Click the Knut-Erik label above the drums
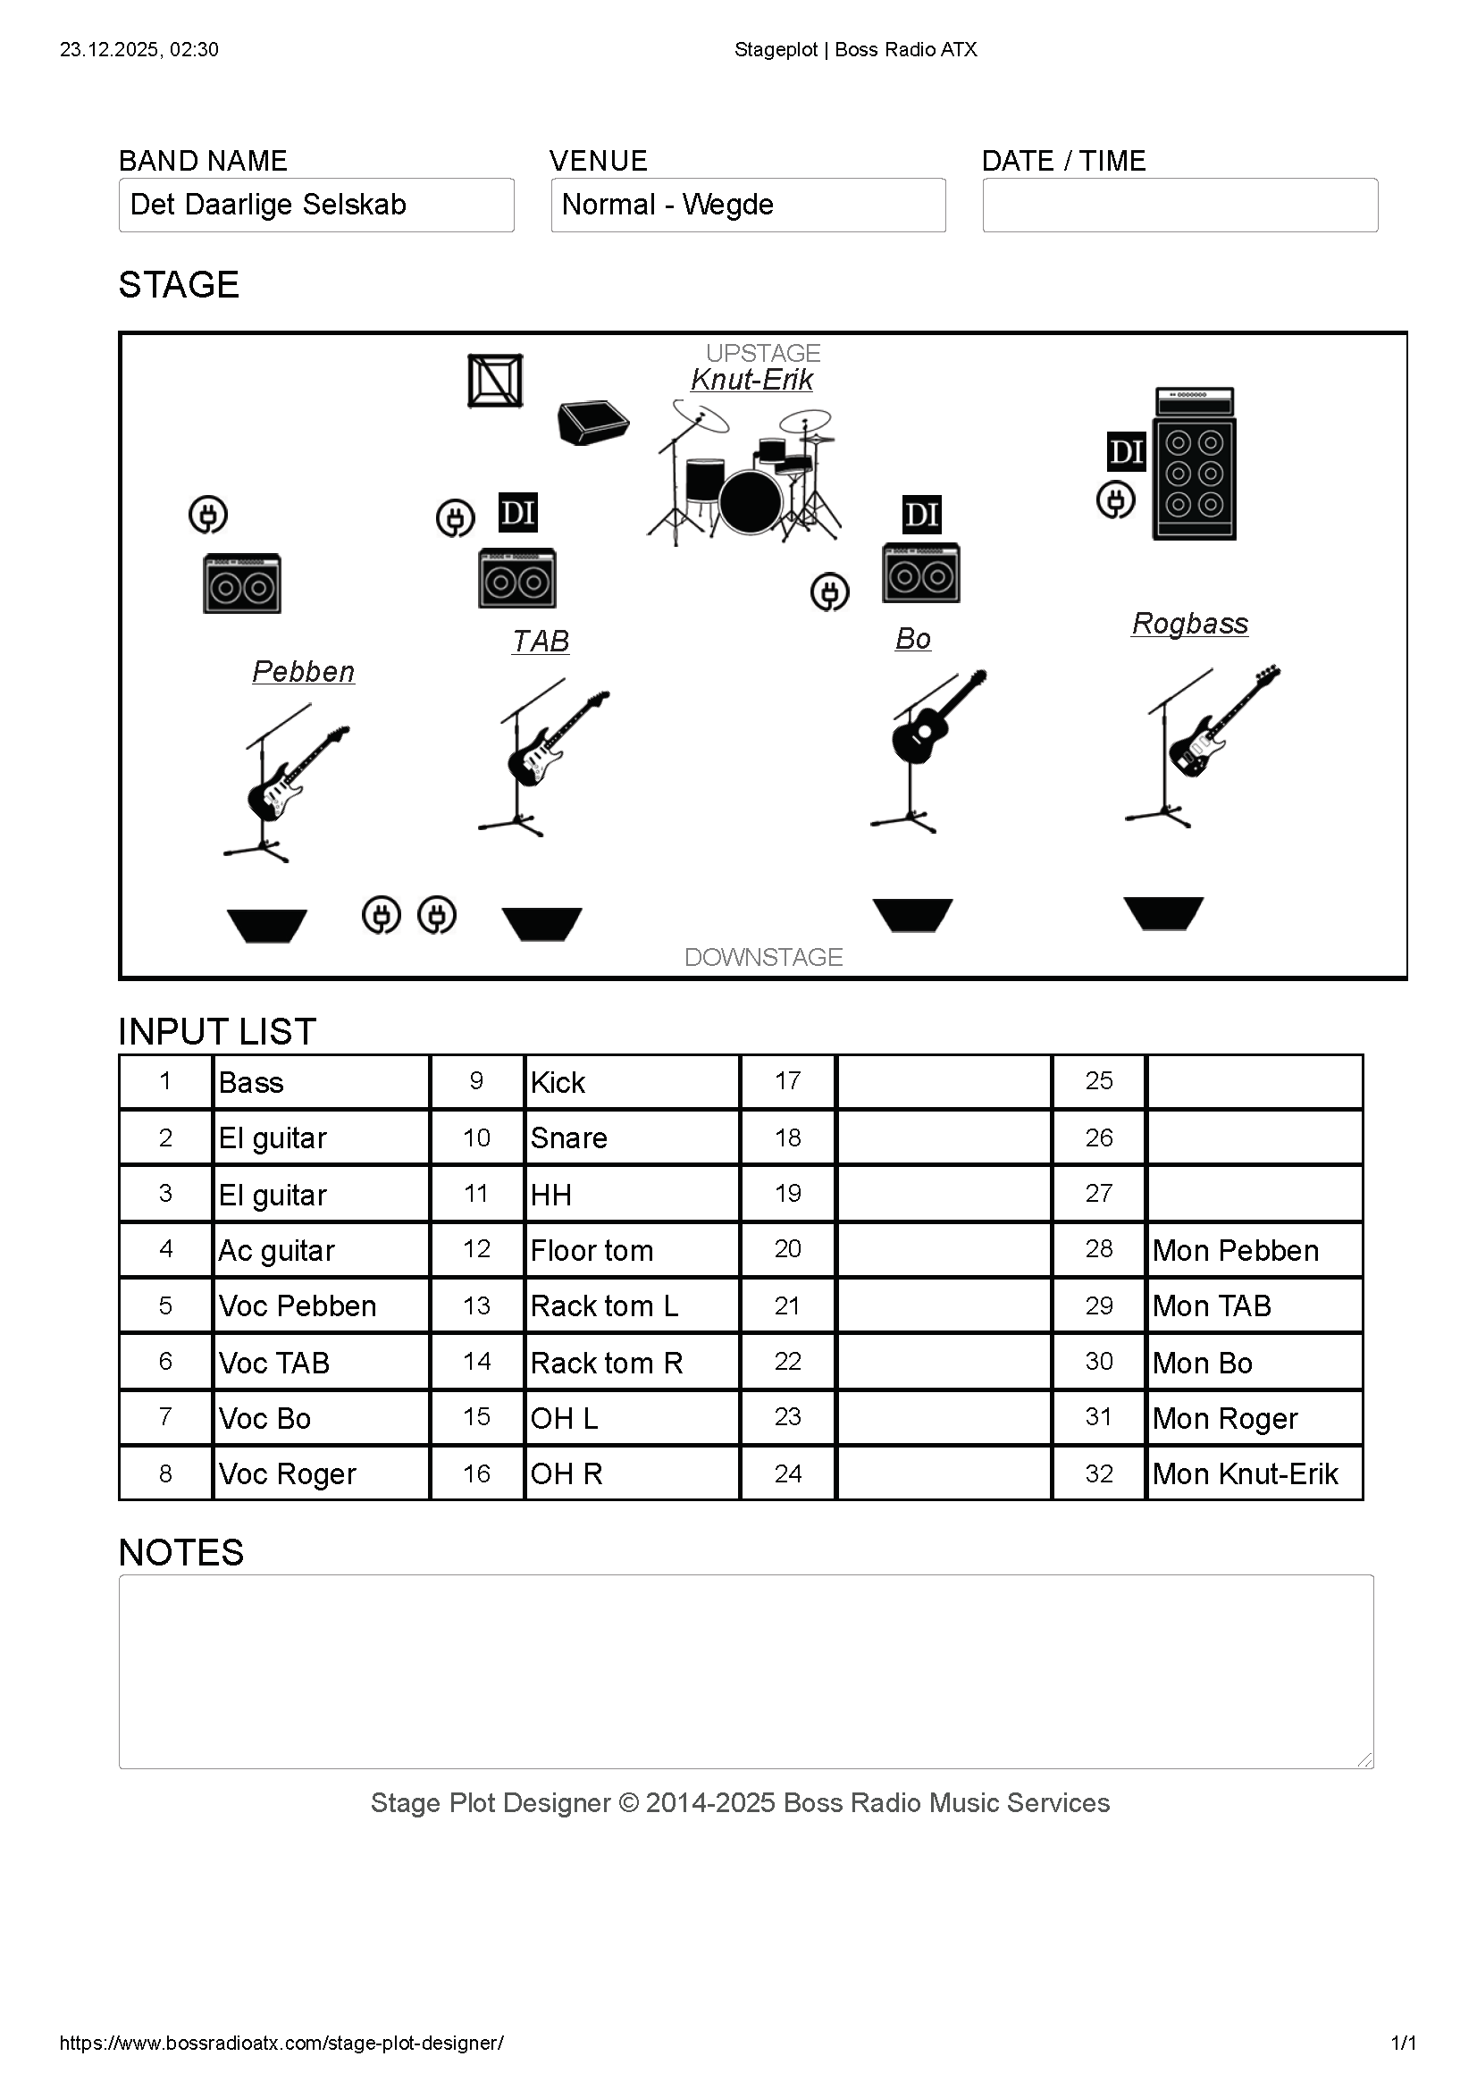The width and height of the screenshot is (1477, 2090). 751,380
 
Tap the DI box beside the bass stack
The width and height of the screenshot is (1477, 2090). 1126,451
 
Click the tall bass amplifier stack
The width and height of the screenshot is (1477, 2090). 1194,465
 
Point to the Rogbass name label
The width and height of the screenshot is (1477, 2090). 1189,624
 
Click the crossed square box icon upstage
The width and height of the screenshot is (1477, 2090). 495,381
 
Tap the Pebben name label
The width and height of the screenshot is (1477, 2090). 303,672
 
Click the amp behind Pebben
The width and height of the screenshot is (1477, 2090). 242,583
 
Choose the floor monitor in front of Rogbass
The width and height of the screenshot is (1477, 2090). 1163,913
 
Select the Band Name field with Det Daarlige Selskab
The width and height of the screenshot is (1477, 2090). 315,205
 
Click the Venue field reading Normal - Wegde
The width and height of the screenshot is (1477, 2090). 748,205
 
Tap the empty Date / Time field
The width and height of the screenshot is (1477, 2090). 1179,205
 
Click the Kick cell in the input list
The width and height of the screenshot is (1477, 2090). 632,1082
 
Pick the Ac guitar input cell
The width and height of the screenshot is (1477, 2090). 321,1251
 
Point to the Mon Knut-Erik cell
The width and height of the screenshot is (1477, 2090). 1254,1473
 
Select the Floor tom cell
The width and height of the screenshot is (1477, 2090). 632,1251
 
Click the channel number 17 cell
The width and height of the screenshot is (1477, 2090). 787,1082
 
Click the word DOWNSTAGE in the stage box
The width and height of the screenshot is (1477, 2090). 764,958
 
